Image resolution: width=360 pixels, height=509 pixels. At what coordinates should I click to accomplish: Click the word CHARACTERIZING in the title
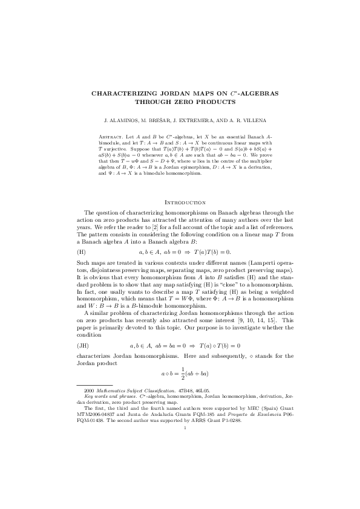119,94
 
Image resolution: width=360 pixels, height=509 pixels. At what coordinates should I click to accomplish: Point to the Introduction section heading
181,202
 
